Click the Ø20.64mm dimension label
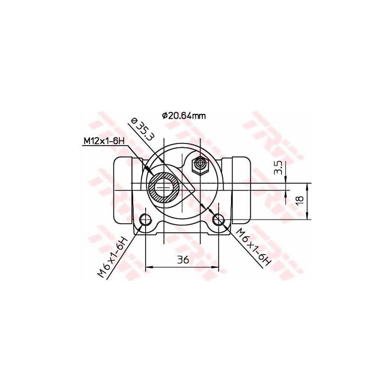coord(184,116)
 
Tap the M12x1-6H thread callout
coord(104,141)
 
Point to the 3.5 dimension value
coord(279,167)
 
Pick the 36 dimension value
coord(183,260)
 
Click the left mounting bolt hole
coord(146,220)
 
